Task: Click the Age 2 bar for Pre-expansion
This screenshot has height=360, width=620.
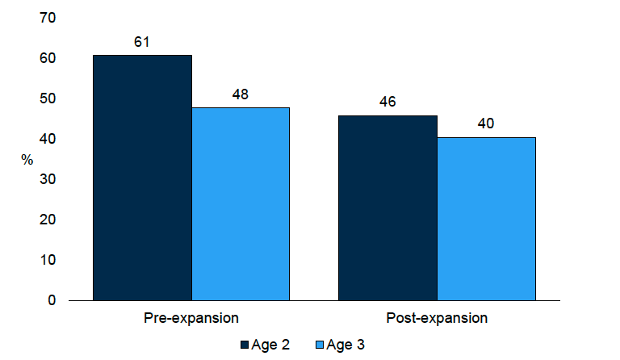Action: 143,178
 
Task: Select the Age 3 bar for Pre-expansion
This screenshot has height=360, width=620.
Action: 241,203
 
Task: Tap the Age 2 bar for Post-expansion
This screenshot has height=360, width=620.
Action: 387,207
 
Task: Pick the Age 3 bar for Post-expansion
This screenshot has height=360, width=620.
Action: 486,219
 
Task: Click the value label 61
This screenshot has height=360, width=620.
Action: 143,40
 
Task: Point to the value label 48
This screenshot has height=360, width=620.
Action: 241,94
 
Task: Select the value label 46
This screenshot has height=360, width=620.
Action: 387,102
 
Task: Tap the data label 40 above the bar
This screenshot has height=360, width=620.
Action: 486,124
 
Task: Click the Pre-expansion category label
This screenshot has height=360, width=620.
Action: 191,318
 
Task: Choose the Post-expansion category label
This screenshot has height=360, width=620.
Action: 437,318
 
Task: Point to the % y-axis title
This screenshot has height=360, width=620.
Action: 27,160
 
